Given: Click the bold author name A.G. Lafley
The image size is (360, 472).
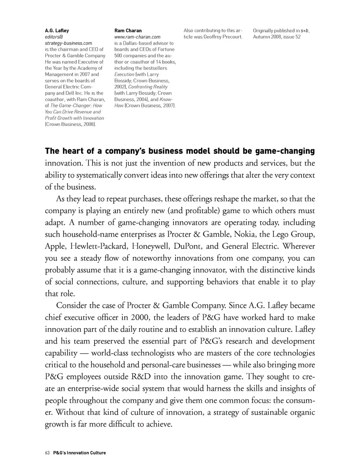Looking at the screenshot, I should point(57,30).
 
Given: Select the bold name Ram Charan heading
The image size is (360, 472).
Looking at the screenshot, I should point(128,30).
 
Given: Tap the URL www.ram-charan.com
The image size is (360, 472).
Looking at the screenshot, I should point(137,37).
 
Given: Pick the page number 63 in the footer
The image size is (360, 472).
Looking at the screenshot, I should point(47,453).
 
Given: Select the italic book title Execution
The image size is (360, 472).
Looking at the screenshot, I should point(124,74).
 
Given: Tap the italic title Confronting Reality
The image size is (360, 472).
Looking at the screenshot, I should point(148,87).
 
